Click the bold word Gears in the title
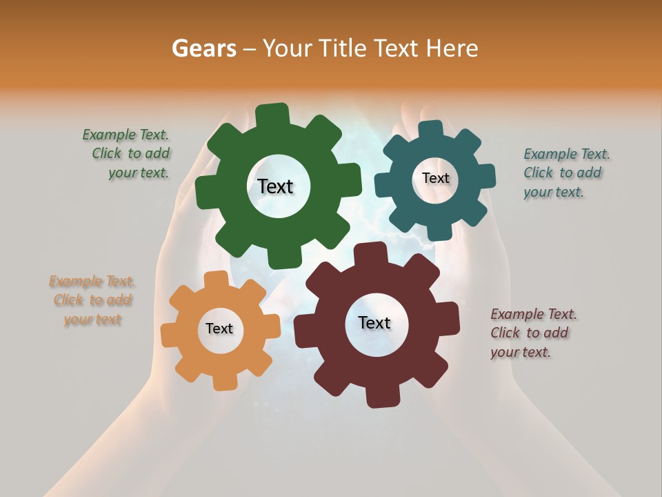tap(203, 48)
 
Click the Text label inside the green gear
tap(275, 186)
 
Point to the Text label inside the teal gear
tap(435, 178)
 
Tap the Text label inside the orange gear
tap(219, 329)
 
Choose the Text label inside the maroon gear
tap(374, 322)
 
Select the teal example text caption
tap(565, 173)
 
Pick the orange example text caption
tap(92, 300)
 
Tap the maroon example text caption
tap(532, 333)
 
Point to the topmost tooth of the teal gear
tap(430, 130)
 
